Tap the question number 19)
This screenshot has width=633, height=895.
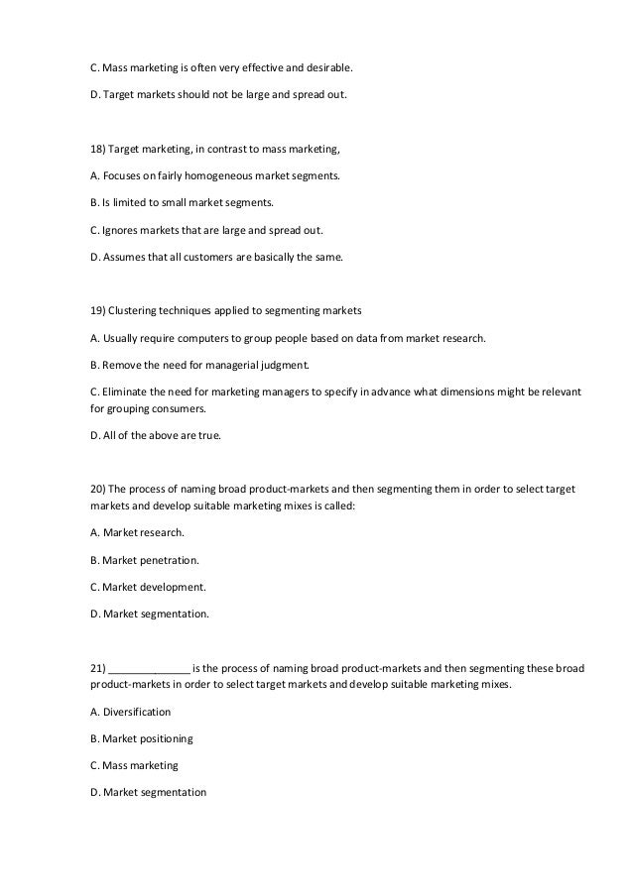coord(98,310)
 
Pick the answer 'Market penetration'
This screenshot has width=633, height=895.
coord(150,560)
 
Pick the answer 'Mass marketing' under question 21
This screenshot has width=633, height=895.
coord(140,765)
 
